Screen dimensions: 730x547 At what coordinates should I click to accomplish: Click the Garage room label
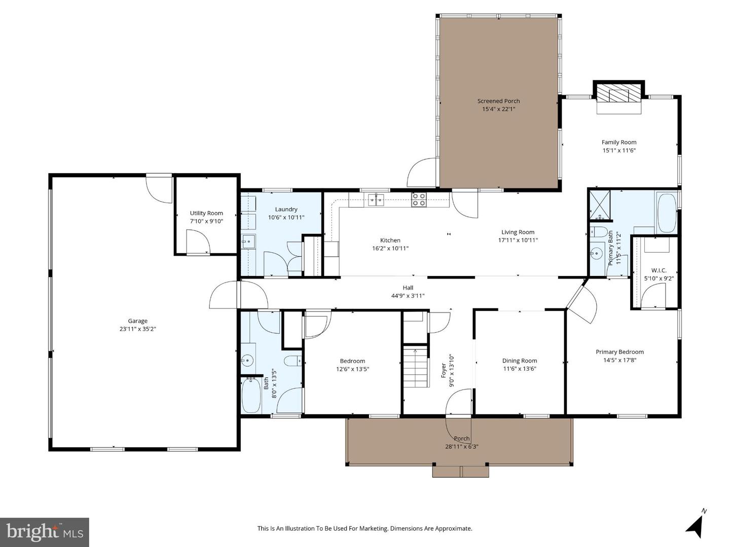point(138,321)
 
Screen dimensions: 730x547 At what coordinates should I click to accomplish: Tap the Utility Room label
point(206,213)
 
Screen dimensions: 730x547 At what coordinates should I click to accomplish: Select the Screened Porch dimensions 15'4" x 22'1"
point(498,109)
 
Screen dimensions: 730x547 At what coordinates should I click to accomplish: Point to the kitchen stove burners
point(418,200)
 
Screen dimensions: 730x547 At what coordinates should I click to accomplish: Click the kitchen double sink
point(376,200)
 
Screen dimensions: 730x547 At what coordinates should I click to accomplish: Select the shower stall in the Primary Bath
point(600,206)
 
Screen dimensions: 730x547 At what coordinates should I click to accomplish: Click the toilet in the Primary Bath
point(599,232)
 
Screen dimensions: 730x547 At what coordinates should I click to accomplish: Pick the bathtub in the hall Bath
point(251,396)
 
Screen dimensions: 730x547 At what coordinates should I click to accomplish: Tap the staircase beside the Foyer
point(415,366)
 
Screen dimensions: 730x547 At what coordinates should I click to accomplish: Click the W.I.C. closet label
point(659,270)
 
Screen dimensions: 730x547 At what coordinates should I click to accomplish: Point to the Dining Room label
point(520,360)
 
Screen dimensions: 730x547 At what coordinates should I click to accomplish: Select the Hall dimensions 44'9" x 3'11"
point(408,296)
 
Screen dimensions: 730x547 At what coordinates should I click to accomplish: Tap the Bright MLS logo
point(45,532)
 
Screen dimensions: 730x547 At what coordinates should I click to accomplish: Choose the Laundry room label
point(286,209)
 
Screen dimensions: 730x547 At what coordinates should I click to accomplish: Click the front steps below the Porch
point(461,471)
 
